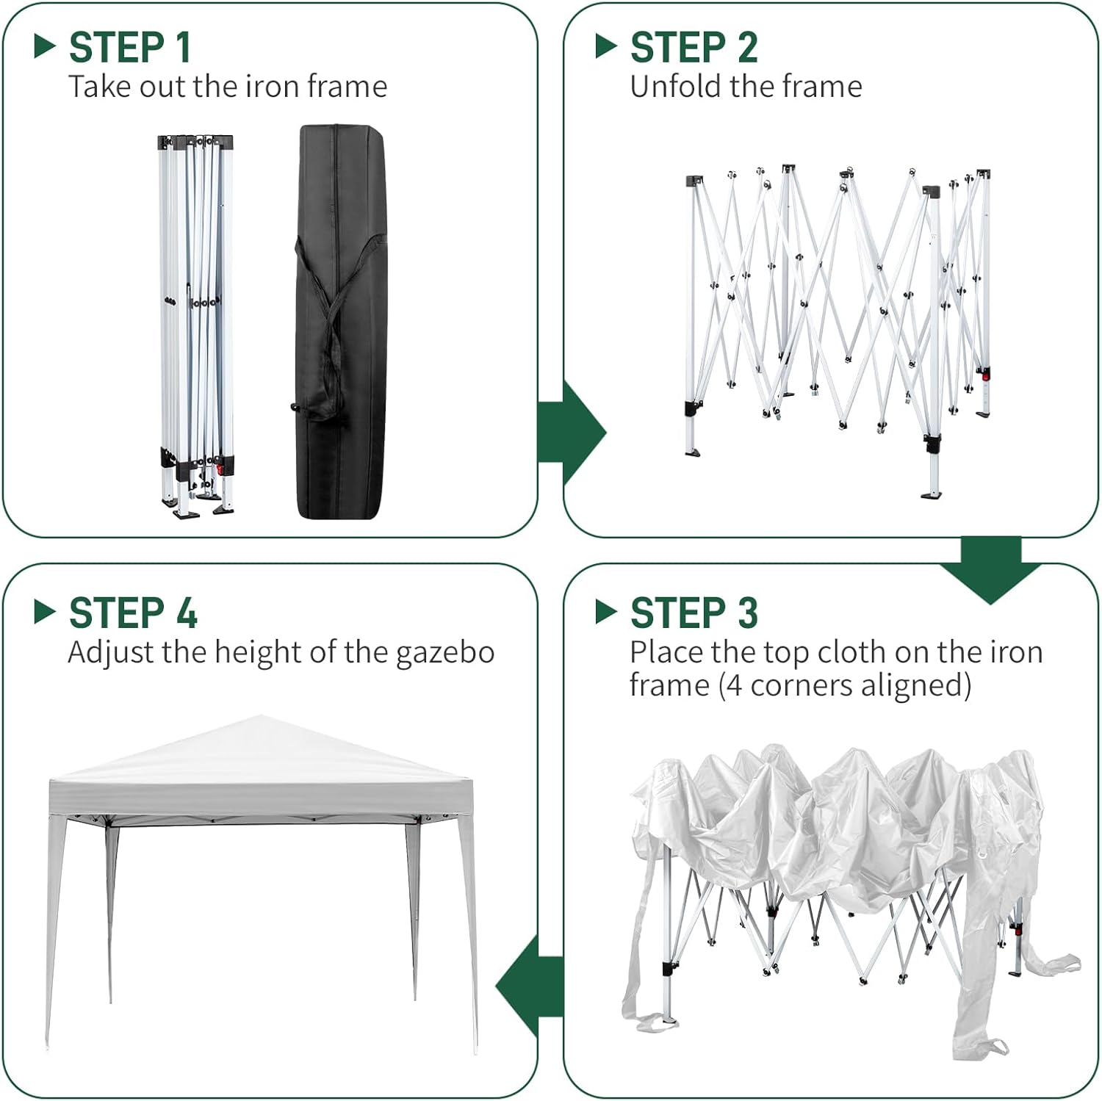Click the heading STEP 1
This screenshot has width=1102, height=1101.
(x=130, y=48)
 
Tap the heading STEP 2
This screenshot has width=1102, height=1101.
(x=694, y=48)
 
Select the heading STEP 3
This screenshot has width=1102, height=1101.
(x=694, y=613)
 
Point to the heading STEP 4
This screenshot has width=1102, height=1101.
(x=133, y=613)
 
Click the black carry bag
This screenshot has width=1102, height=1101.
(x=339, y=322)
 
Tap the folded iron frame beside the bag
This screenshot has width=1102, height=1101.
(x=196, y=326)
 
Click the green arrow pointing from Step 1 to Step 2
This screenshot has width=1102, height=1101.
(x=572, y=433)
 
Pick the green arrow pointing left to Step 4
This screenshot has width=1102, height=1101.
(x=530, y=987)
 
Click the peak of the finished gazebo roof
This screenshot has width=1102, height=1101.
(x=261, y=715)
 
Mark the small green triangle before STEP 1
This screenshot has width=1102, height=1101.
(x=46, y=46)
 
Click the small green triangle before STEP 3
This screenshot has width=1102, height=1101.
(x=606, y=612)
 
